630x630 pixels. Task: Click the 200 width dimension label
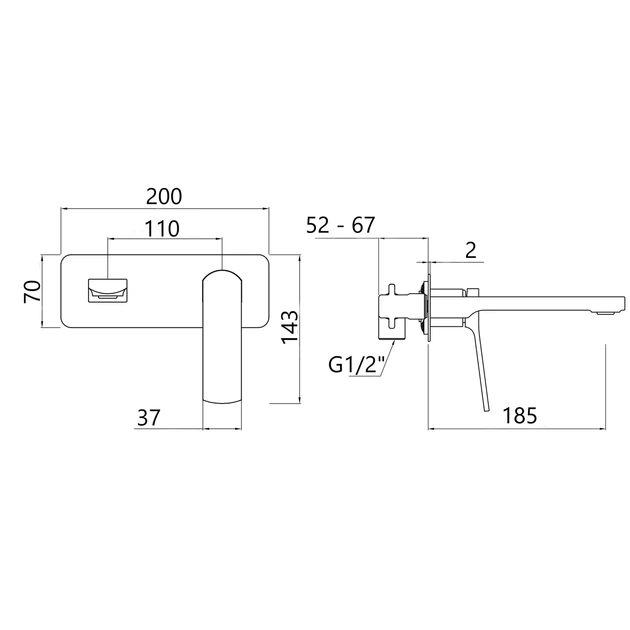coord(164,196)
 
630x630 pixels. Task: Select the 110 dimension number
coord(162,229)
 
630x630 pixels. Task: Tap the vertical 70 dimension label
coord(33,291)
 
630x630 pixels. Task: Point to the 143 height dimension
coord(290,327)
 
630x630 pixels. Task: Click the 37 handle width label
coord(149,417)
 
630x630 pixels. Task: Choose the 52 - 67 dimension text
coord(340,225)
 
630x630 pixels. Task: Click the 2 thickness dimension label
coord(470,250)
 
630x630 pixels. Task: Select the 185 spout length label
coord(520,415)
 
